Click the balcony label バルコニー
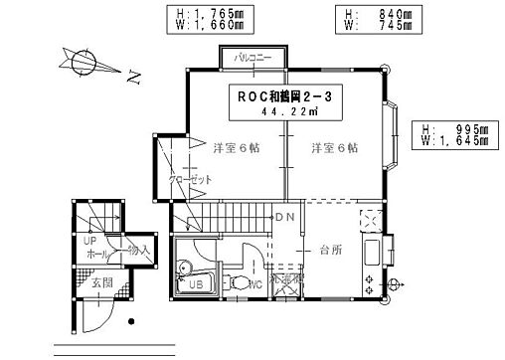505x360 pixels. (252, 59)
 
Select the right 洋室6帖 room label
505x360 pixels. (334, 148)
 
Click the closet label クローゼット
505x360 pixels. (189, 180)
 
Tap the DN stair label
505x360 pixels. (285, 218)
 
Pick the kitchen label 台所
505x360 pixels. (331, 250)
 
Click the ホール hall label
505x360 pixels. (96, 254)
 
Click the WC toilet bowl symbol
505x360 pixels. (239, 285)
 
